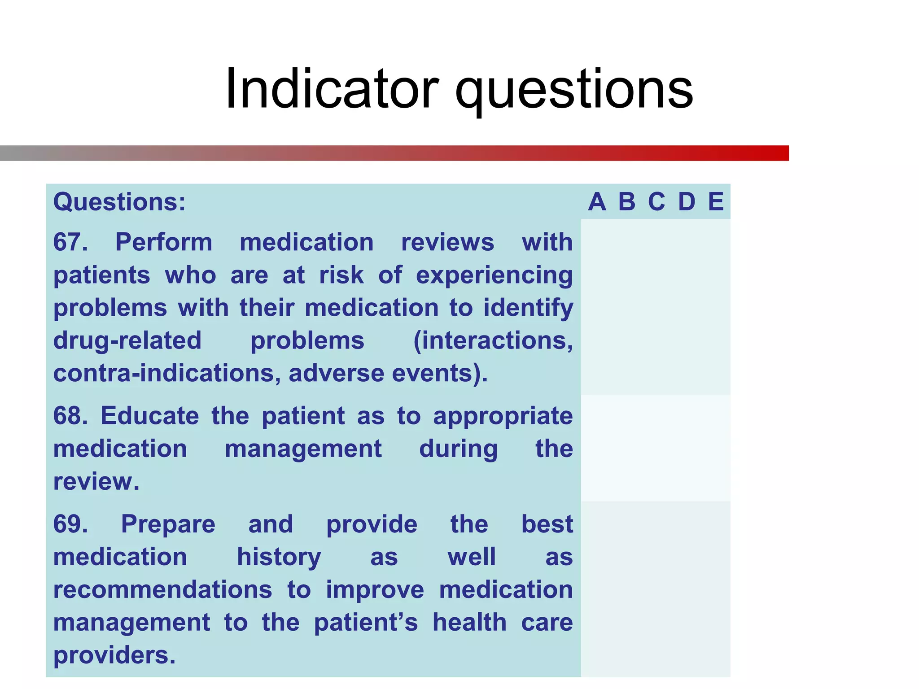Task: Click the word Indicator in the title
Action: tap(332, 88)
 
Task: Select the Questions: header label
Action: tap(119, 202)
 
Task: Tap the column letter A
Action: tap(597, 202)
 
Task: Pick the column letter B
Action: tap(627, 202)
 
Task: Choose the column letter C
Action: tap(656, 202)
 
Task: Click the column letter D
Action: tap(687, 202)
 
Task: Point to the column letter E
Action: tap(716, 202)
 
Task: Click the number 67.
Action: tap(70, 242)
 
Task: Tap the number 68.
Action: tap(70, 416)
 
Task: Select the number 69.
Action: tap(70, 524)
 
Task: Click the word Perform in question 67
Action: tap(164, 243)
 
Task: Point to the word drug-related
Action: tap(127, 340)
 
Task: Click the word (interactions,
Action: tap(493, 340)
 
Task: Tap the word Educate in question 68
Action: tap(149, 416)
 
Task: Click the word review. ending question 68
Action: tap(96, 482)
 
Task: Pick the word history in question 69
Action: tap(279, 557)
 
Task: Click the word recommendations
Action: tap(162, 589)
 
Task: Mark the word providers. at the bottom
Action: tap(114, 655)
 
